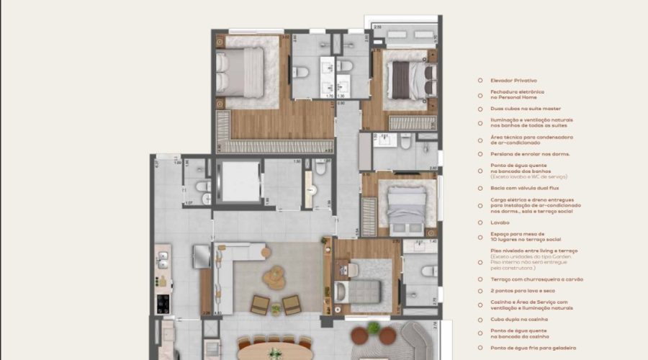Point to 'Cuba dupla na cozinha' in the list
coord(518,319)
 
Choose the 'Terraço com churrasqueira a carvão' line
coord(536,279)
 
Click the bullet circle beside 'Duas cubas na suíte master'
coord(481,109)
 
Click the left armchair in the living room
coord(260,305)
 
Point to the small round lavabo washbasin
coord(312,191)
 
